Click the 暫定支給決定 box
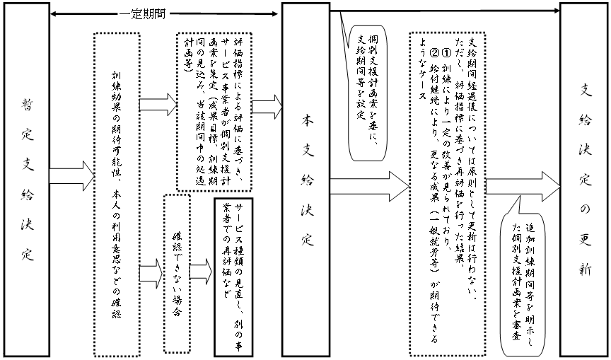click(25, 180)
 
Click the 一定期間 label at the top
click(143, 13)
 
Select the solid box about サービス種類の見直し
click(234, 276)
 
